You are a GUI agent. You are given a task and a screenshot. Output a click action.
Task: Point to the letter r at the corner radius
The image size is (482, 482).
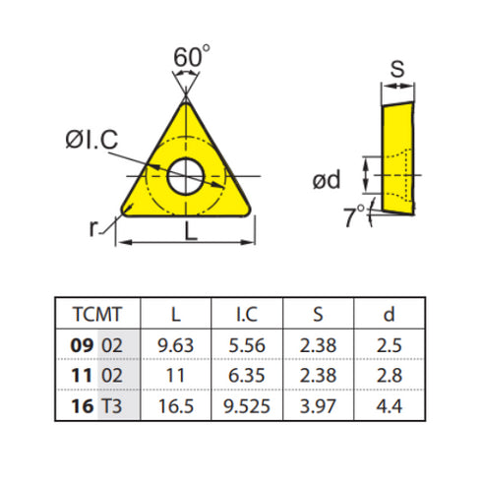pyautogui.click(x=92, y=229)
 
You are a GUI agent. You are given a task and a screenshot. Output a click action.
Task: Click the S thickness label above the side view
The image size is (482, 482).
pyautogui.click(x=397, y=69)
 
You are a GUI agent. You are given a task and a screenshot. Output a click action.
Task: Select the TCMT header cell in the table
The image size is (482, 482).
pyautogui.click(x=97, y=315)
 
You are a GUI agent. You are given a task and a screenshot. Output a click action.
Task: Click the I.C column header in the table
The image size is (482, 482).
pyautogui.click(x=247, y=315)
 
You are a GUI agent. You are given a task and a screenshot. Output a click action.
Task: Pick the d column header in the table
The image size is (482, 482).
pyautogui.click(x=389, y=315)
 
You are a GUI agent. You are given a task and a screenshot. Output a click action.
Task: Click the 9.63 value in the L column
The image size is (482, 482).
pyautogui.click(x=176, y=347)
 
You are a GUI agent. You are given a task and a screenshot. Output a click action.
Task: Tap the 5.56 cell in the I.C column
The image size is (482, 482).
pyautogui.click(x=247, y=347)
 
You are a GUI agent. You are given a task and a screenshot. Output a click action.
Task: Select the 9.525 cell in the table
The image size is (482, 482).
pyautogui.click(x=247, y=403)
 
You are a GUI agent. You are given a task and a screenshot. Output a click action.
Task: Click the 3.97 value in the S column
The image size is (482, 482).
pyautogui.click(x=318, y=403)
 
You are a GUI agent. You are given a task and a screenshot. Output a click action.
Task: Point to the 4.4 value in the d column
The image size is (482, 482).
pyautogui.click(x=389, y=403)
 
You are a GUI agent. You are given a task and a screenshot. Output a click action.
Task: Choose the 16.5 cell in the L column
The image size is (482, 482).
pyautogui.click(x=176, y=403)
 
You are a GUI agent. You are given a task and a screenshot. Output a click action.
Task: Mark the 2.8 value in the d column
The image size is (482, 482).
pyautogui.click(x=389, y=375)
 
